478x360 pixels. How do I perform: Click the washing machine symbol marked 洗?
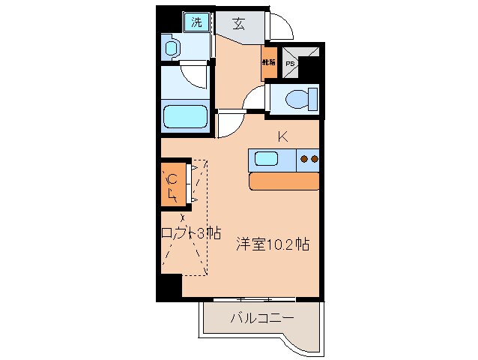pos(197,22)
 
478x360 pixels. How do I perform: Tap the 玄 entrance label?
pos(238,22)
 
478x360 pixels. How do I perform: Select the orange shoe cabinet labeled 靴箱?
pos(268,64)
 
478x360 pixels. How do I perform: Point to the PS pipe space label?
pos(290,64)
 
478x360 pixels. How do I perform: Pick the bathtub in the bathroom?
pos(184,117)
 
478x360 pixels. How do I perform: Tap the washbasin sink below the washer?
pos(172,49)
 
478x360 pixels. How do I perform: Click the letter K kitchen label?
pos(282,136)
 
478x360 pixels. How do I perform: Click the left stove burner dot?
pos(304,158)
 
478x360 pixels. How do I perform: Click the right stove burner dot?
pos(315,158)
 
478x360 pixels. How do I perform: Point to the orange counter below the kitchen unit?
pos(284,181)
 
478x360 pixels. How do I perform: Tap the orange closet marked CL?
pos(173,184)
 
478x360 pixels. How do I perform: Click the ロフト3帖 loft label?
pos(191,232)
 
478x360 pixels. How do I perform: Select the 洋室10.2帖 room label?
pos(273,244)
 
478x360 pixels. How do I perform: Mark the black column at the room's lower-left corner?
pos(169,288)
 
